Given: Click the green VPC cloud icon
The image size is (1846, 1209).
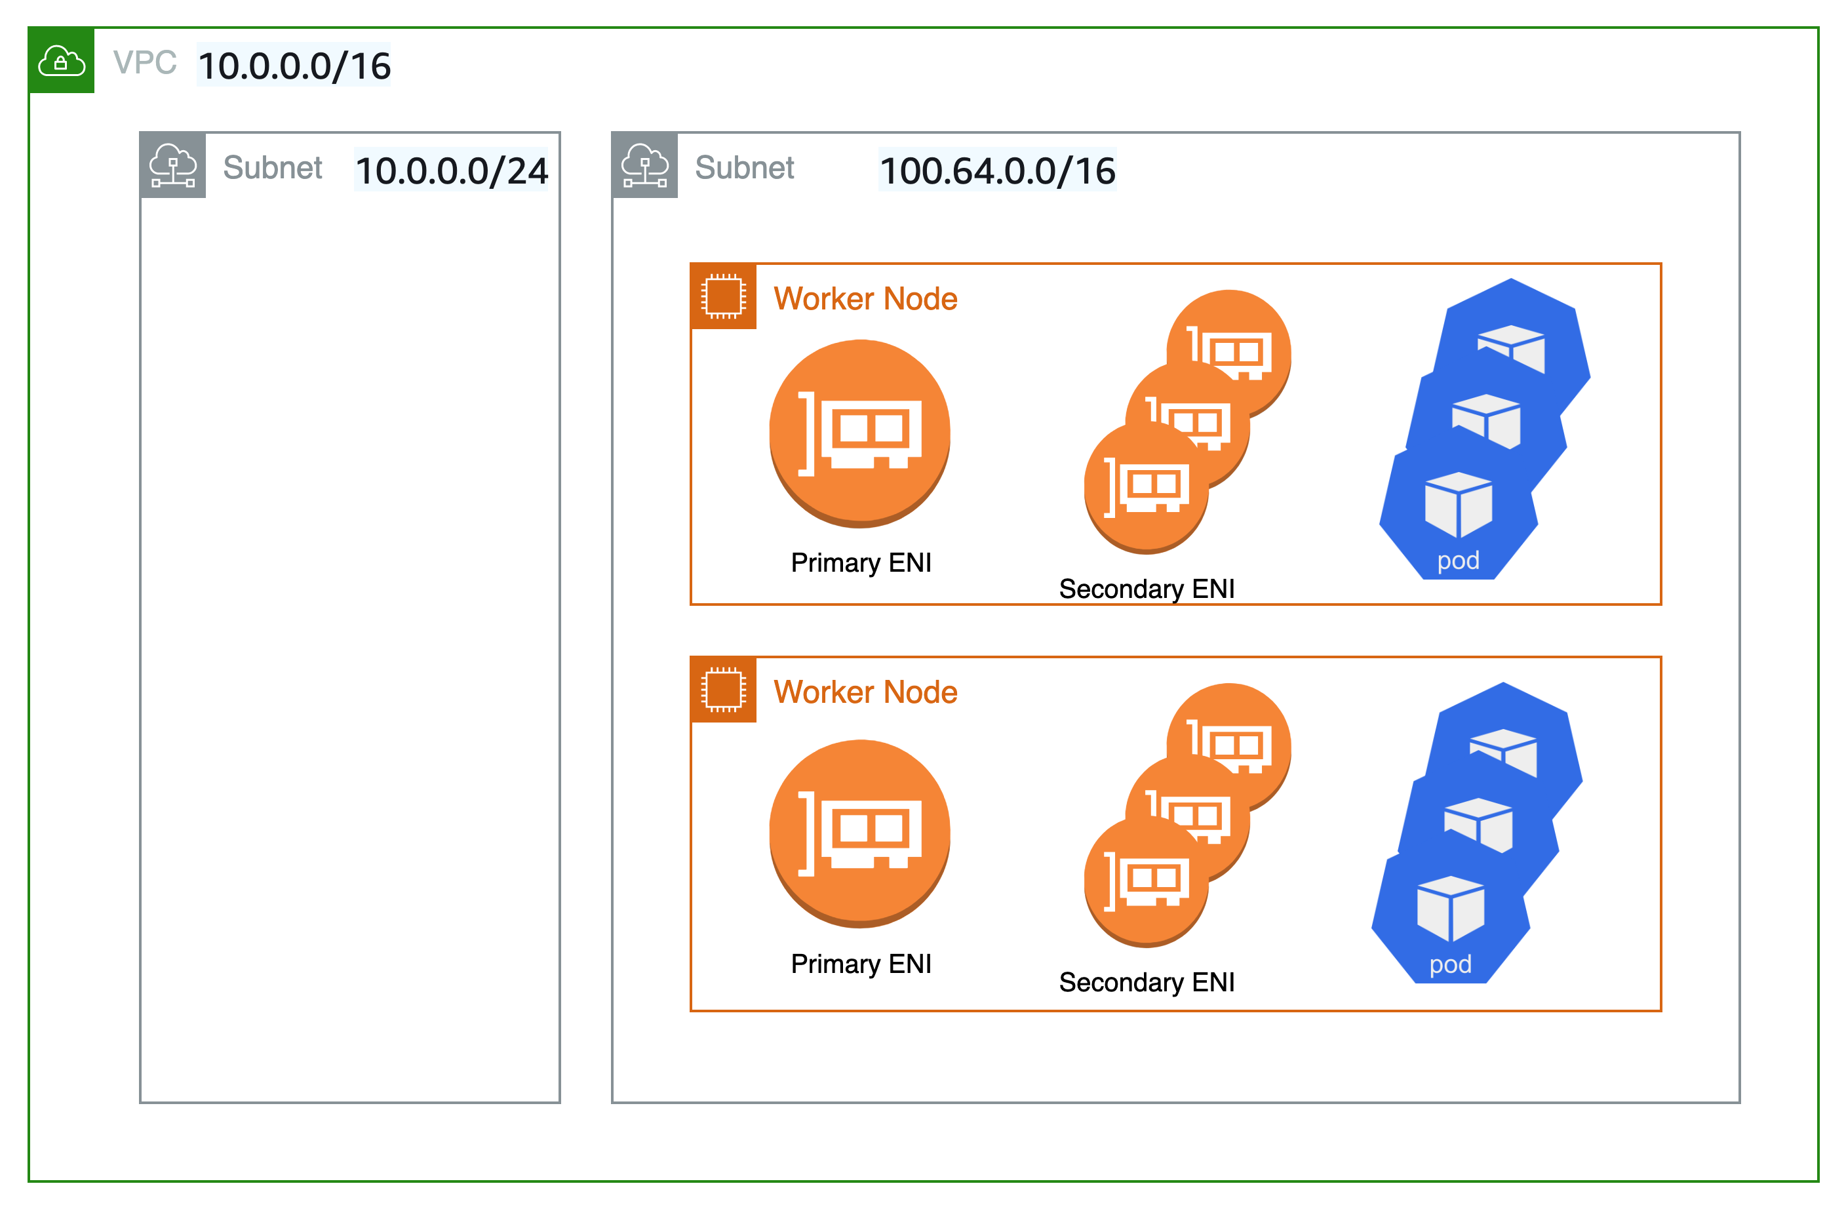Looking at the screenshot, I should point(61,60).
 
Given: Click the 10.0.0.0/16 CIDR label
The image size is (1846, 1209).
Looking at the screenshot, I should point(293,64).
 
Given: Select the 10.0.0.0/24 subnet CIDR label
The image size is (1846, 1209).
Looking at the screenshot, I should point(450,169).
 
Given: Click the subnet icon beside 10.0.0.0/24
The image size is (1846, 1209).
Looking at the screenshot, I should point(172,165).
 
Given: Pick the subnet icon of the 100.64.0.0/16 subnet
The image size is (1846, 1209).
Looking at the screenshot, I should point(644,165).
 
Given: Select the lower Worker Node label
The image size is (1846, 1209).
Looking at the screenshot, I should point(865,692).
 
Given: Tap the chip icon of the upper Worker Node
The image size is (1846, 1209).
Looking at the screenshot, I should point(723,296).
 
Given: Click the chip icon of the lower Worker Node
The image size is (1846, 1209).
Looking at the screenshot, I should point(723,689).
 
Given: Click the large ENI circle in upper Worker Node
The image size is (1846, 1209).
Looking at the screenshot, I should point(859,433).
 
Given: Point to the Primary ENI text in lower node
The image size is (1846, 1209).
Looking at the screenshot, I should point(860,963).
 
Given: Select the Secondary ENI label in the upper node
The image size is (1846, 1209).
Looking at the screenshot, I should point(1147,588).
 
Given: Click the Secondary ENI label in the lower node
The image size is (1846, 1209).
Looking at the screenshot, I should point(1147,981).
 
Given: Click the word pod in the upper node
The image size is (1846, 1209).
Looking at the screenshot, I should point(1458,561).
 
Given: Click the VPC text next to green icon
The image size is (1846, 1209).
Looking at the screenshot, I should point(144,63).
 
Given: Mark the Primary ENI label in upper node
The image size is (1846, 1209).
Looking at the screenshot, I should point(860,562).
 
